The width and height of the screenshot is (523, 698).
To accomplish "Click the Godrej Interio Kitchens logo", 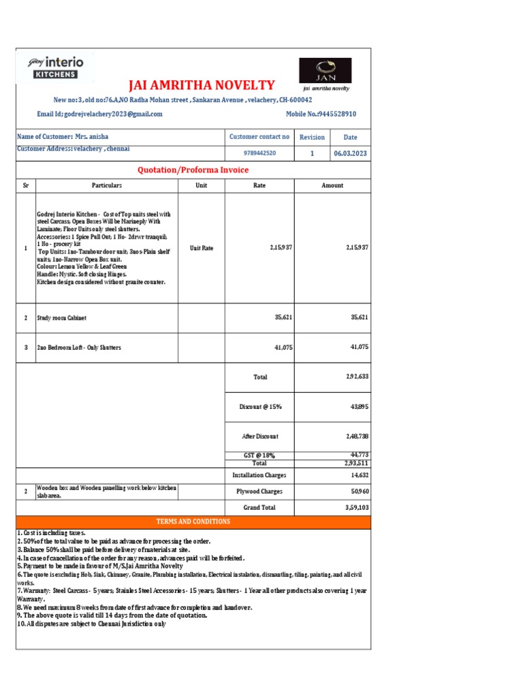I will pyautogui.click(x=55, y=67).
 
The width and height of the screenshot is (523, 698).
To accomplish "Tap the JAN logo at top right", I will pyautogui.click(x=326, y=71).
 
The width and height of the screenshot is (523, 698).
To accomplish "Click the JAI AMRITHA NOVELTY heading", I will pyautogui.click(x=202, y=85).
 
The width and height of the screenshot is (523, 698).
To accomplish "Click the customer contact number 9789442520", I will pyautogui.click(x=259, y=153).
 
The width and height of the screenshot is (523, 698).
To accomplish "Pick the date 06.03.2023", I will pyautogui.click(x=350, y=153).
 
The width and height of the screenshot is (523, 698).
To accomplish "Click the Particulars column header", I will pyautogui.click(x=107, y=185).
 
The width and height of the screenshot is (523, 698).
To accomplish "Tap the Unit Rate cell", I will pyautogui.click(x=202, y=248).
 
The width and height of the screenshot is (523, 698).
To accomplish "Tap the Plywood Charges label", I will pyautogui.click(x=259, y=491).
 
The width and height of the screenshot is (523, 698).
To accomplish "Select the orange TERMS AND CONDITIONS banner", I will pyautogui.click(x=193, y=521).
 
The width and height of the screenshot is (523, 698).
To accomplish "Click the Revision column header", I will pyautogui.click(x=312, y=137).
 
